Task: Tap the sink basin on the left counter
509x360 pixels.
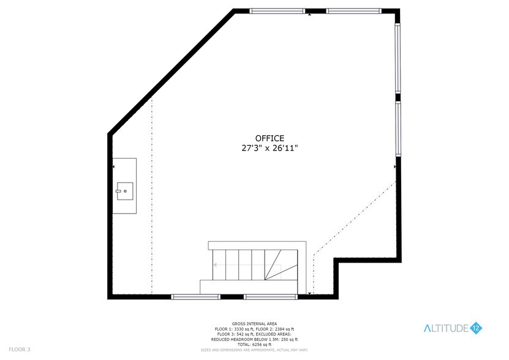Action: (124, 191)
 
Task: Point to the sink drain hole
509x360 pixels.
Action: (125, 191)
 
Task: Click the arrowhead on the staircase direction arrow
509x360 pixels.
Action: (215, 264)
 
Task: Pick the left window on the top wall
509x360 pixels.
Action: (277, 11)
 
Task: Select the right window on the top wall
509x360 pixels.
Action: (353, 11)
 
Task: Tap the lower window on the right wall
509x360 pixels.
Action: (398, 129)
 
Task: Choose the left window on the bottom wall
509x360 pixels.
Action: (195, 297)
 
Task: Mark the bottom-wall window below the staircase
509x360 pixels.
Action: (271, 297)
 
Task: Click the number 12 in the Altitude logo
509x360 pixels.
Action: (477, 329)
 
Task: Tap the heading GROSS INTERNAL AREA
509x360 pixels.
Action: (254, 323)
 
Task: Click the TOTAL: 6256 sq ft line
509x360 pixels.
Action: (254, 344)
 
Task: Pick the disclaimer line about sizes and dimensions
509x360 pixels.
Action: (254, 350)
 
